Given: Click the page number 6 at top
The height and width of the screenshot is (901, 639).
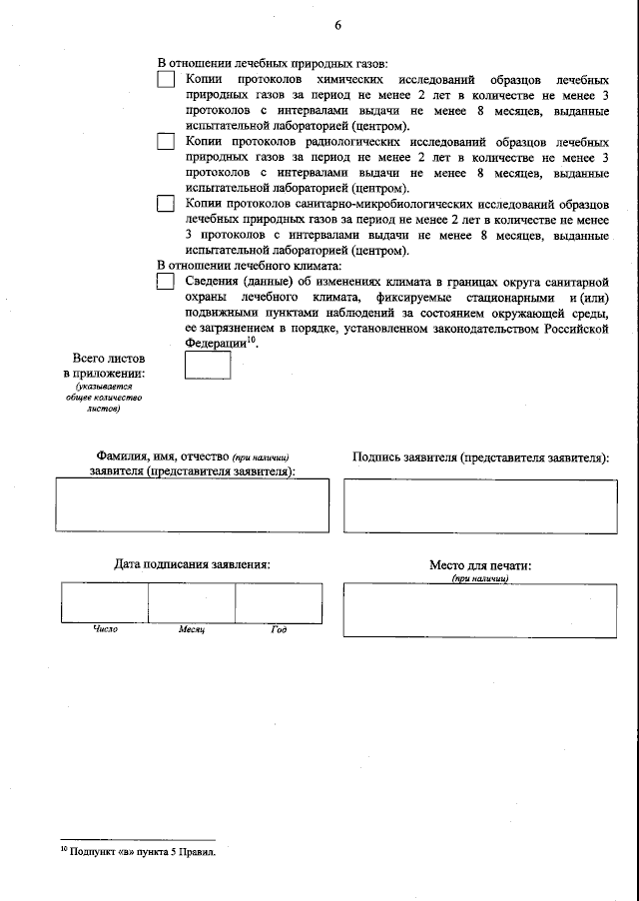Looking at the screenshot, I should pyautogui.click(x=337, y=25).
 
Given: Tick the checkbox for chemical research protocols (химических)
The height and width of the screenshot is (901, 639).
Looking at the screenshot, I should pyautogui.click(x=166, y=79).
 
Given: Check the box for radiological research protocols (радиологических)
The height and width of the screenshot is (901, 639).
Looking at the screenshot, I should pyautogui.click(x=166, y=141).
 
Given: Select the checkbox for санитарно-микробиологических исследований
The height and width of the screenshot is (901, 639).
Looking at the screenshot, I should pyautogui.click(x=166, y=204).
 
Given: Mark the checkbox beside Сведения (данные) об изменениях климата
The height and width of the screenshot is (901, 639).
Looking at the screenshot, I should pyautogui.click(x=166, y=282).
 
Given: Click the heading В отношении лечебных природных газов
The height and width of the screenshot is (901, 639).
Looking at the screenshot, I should pyautogui.click(x=273, y=62).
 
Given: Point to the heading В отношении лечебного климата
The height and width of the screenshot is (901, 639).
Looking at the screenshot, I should pyautogui.click(x=250, y=265).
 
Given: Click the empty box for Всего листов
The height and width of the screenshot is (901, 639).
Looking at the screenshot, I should pyautogui.click(x=208, y=366).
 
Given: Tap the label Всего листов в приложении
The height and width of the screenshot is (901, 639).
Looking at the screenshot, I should pyautogui.click(x=103, y=366).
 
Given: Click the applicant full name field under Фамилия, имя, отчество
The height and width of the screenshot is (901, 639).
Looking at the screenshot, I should pyautogui.click(x=192, y=505).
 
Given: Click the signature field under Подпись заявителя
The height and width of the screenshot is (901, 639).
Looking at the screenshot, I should pyautogui.click(x=480, y=505).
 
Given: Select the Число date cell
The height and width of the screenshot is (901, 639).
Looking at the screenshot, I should pyautogui.click(x=105, y=602).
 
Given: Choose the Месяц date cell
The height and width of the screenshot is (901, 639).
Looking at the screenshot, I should pyautogui.click(x=192, y=602).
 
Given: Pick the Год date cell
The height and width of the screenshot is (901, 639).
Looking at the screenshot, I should pyautogui.click(x=278, y=602).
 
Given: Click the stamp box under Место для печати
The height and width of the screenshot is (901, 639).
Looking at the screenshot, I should pyautogui.click(x=480, y=608).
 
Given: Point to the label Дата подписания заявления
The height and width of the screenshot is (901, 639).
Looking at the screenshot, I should pyautogui.click(x=192, y=564).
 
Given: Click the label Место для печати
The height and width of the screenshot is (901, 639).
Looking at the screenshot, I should pyautogui.click(x=480, y=565).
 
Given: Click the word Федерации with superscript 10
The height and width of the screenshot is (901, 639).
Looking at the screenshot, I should pyautogui.click(x=215, y=343).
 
